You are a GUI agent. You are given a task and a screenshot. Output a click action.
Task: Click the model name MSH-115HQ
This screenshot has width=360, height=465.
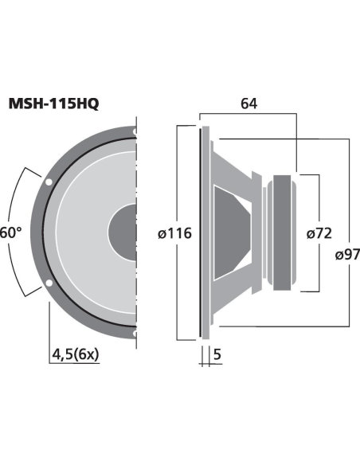(53, 104)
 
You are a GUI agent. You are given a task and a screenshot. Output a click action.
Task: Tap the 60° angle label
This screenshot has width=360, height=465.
(10, 232)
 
